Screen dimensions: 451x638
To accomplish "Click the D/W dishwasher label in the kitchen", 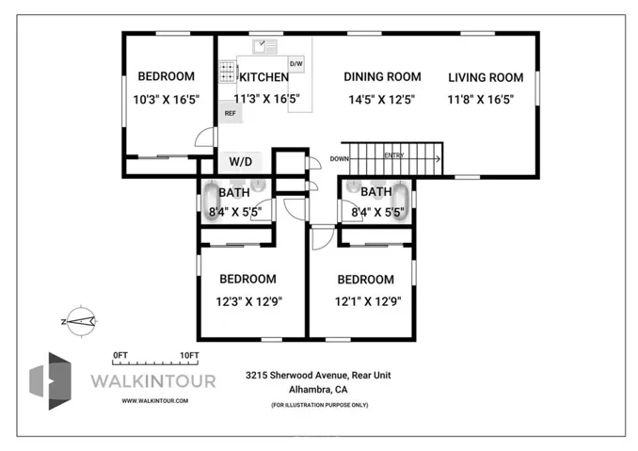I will pyautogui.click(x=295, y=64).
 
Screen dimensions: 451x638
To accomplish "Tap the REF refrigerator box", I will pyautogui.click(x=229, y=113).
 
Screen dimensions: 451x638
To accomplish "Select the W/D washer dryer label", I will pyautogui.click(x=241, y=161).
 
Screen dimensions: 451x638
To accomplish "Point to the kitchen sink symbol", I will pyautogui.click(x=263, y=44).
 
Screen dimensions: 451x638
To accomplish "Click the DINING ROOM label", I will pyautogui.click(x=381, y=77).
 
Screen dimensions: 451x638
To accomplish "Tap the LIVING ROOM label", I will pyautogui.click(x=485, y=77).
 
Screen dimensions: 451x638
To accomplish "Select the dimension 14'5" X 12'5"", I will pyautogui.click(x=381, y=99).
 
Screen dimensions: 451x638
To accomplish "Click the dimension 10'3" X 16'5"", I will pyautogui.click(x=167, y=99).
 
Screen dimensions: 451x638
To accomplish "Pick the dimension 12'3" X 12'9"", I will pyautogui.click(x=247, y=301).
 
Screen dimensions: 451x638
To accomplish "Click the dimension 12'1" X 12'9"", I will pyautogui.click(x=365, y=301).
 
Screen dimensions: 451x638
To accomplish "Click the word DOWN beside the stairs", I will pyautogui.click(x=340, y=159).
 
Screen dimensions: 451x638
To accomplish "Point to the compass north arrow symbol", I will pyautogui.click(x=80, y=321).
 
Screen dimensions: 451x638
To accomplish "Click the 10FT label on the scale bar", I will pyautogui.click(x=188, y=355).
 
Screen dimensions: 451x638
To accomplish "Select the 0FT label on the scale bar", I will pyautogui.click(x=120, y=355).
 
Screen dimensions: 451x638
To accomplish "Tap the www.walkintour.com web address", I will pyautogui.click(x=155, y=400).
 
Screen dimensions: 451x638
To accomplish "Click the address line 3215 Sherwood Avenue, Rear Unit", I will pyautogui.click(x=318, y=375).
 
